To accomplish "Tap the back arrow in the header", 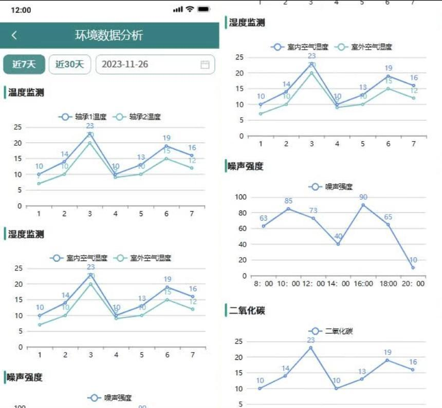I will (14, 35).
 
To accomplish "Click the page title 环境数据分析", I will (109, 35).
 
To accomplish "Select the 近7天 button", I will (24, 64).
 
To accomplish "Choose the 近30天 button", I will (69, 64).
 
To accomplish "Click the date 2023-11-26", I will (125, 64).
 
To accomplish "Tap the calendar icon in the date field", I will (205, 64).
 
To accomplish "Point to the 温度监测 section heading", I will (26, 92).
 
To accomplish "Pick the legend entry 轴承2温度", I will (138, 117).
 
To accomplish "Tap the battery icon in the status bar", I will (204, 9).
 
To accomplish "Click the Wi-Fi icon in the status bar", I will (190, 9).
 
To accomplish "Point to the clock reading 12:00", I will (21, 10).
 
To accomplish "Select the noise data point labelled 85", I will (288, 208).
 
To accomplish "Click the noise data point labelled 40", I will (338, 244).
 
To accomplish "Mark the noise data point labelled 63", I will (264, 226).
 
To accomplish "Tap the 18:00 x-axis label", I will (388, 283).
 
